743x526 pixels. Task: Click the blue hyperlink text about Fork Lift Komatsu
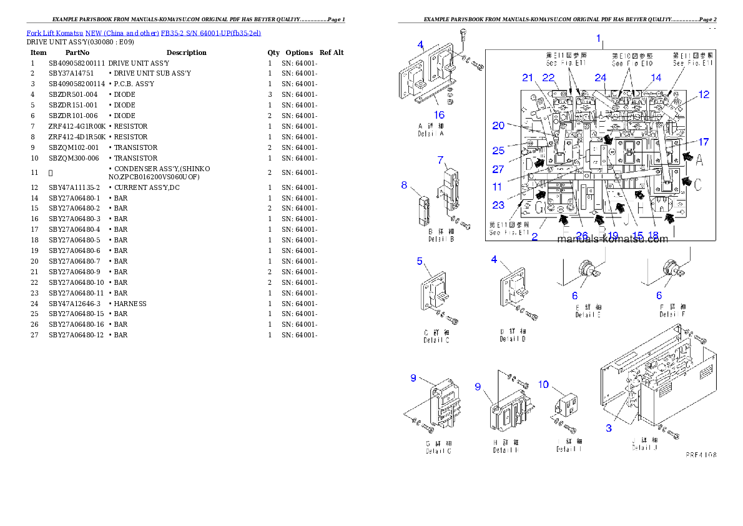(144, 32)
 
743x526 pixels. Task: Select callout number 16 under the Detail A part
(439, 114)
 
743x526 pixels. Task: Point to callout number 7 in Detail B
(440, 160)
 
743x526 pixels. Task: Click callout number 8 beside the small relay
(404, 185)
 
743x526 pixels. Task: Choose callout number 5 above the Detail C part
(420, 261)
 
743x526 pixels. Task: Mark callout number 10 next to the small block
(543, 384)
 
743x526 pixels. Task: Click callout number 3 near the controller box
(609, 428)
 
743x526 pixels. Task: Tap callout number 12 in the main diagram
(704, 95)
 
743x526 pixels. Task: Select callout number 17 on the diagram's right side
(704, 141)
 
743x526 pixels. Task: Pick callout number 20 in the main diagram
(498, 126)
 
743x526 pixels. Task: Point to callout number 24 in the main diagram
(600, 78)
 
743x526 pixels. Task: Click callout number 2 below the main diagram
(534, 237)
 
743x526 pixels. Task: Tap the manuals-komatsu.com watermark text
(612, 239)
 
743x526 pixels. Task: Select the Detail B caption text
(441, 236)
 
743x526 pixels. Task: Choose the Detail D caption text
(512, 335)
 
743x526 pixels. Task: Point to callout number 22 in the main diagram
(549, 77)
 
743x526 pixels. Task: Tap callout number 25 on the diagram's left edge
(498, 151)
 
